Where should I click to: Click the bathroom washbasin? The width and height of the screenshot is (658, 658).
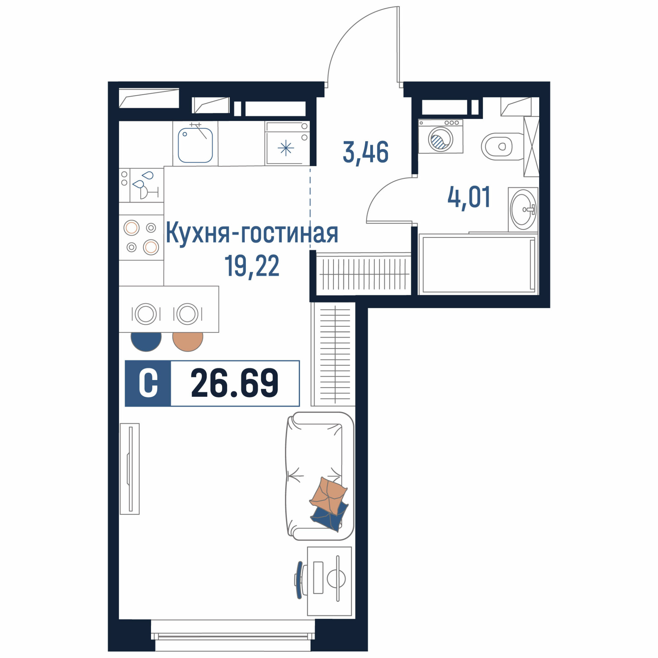pyautogui.click(x=523, y=210)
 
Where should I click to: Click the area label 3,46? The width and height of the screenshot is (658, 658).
pyautogui.click(x=366, y=153)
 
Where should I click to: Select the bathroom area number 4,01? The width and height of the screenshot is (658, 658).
pyautogui.click(x=468, y=197)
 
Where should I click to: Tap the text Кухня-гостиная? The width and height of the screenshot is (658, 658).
pyautogui.click(x=252, y=234)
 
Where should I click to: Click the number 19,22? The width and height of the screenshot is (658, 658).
pyautogui.click(x=252, y=267)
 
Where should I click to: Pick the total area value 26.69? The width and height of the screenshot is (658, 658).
pyautogui.click(x=235, y=384)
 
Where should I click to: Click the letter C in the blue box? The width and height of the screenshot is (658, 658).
pyautogui.click(x=148, y=384)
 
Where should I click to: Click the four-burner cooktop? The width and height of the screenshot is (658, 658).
pyautogui.click(x=141, y=238)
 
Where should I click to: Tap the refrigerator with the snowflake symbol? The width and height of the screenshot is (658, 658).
pyautogui.click(x=287, y=143)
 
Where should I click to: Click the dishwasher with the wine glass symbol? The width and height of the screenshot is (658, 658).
pyautogui.click(x=141, y=185)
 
